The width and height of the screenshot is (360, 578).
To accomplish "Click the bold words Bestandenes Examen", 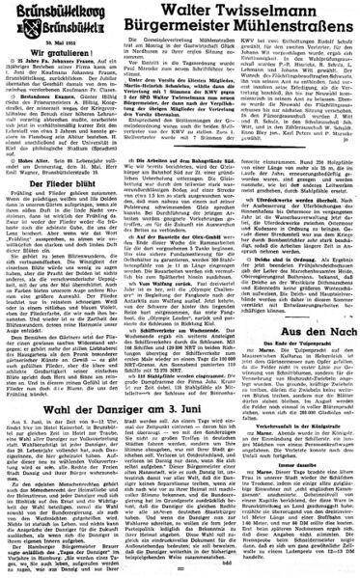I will (x=39, y=98).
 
